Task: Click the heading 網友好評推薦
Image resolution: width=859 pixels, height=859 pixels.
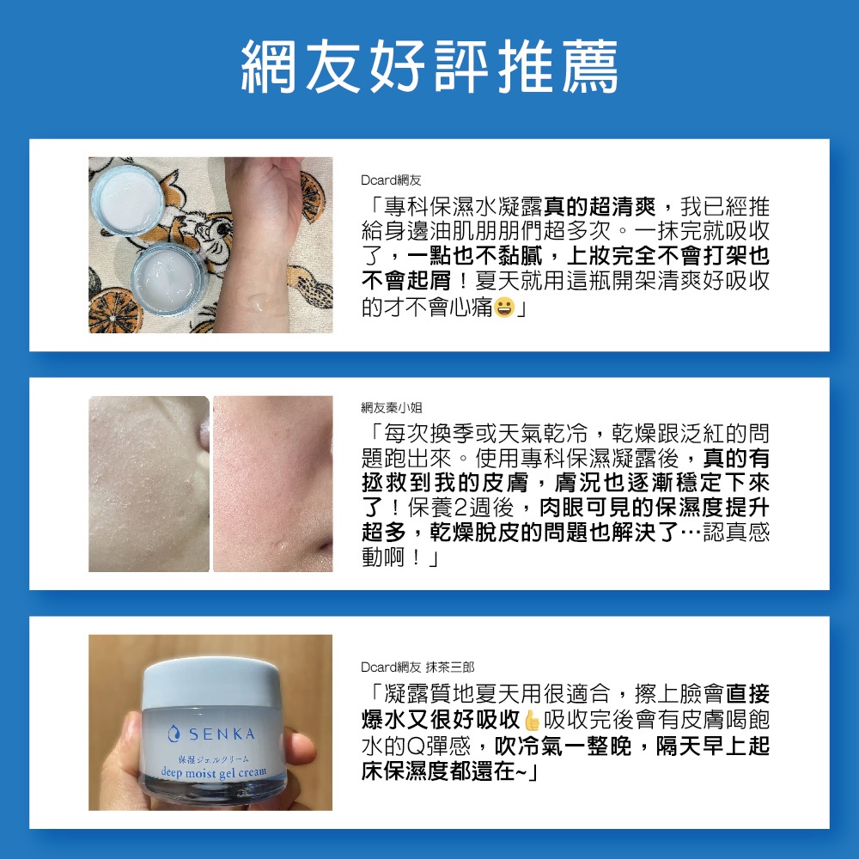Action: pyautogui.click(x=430, y=66)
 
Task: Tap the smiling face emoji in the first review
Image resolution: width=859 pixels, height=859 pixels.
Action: pyautogui.click(x=504, y=308)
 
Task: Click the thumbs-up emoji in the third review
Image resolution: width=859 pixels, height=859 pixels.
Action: pyautogui.click(x=532, y=721)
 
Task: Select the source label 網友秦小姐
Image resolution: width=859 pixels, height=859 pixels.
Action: pyautogui.click(x=391, y=407)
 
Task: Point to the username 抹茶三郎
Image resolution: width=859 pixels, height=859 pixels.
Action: pyautogui.click(x=450, y=667)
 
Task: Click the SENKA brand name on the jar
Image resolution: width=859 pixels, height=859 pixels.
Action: pyautogui.click(x=222, y=734)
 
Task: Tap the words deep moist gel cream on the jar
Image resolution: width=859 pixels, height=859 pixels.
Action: pyautogui.click(x=214, y=773)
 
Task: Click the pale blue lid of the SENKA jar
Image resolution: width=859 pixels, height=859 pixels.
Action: pyautogui.click(x=210, y=682)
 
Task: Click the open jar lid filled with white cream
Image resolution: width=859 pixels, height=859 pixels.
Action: pyautogui.click(x=128, y=199)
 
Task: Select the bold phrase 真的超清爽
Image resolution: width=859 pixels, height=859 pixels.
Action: pyautogui.click(x=600, y=207)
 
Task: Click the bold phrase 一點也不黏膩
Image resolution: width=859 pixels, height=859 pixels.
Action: pyautogui.click(x=474, y=256)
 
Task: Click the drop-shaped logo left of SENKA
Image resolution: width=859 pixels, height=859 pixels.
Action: pyautogui.click(x=174, y=734)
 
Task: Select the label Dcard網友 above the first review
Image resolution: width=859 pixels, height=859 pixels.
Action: pyautogui.click(x=391, y=180)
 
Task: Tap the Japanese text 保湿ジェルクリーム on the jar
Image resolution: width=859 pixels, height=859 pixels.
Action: pyautogui.click(x=214, y=759)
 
